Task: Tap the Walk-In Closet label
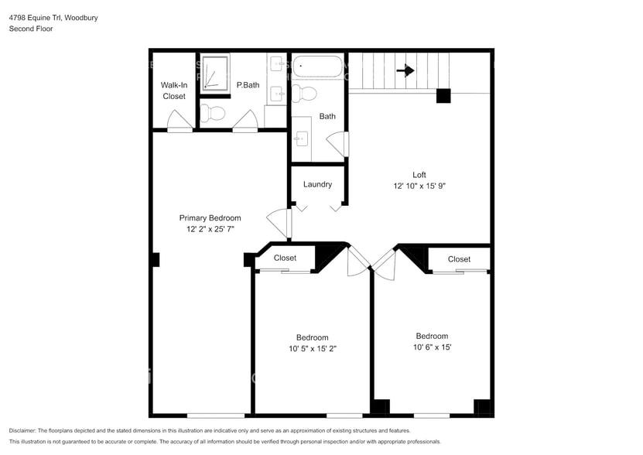[174, 91]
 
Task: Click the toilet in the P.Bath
[215, 115]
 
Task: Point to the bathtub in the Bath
[318, 68]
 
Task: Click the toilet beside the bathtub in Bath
[306, 94]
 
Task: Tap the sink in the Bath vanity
[302, 139]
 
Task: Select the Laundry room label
[317, 184]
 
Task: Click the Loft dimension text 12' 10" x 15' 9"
[419, 186]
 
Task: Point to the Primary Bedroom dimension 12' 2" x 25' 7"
[210, 230]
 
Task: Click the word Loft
[419, 175]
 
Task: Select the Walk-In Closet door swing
[180, 121]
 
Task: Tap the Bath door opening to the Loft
[337, 144]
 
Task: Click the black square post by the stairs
[443, 96]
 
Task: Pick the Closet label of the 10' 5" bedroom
[285, 258]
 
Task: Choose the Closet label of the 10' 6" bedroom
[459, 259]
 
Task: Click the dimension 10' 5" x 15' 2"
[312, 349]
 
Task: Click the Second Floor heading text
[31, 29]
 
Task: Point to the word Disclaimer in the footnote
[25, 430]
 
